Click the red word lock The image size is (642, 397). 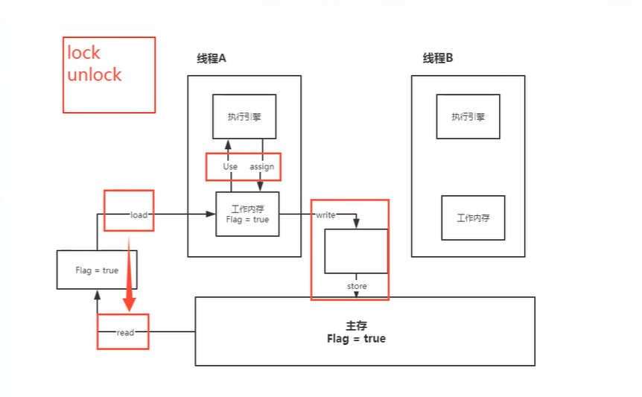(x=83, y=53)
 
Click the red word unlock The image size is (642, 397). (x=95, y=74)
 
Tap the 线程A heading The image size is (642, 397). (x=211, y=59)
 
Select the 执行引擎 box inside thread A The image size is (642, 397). (x=244, y=116)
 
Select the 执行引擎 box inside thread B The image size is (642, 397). (x=467, y=116)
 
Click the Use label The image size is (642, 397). (x=230, y=167)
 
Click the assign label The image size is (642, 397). (x=261, y=167)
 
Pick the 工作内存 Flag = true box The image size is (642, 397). (x=247, y=214)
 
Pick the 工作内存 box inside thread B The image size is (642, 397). (x=473, y=217)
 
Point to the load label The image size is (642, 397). (x=139, y=215)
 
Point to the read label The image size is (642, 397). (x=125, y=333)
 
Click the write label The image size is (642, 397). (x=325, y=215)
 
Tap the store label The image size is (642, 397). (x=356, y=286)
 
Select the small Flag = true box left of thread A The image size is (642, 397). (x=97, y=270)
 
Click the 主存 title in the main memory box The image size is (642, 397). (x=357, y=326)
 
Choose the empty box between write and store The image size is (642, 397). (x=356, y=251)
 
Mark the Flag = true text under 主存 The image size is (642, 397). (x=357, y=339)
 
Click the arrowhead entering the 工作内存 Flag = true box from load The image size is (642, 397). (x=212, y=215)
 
